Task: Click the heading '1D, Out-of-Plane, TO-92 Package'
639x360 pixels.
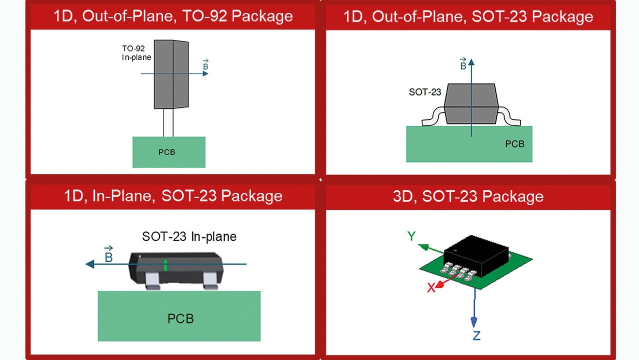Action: point(173,16)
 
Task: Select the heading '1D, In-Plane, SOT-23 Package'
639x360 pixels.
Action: point(173,196)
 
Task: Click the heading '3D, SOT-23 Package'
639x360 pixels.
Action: point(468,196)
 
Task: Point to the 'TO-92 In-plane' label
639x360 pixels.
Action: point(136,53)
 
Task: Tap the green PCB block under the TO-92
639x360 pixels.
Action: point(169,152)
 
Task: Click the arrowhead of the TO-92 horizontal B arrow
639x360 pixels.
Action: point(205,73)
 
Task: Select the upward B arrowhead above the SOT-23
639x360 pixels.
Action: point(471,62)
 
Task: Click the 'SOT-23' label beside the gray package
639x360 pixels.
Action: point(425,92)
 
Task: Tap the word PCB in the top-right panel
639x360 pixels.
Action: point(515,144)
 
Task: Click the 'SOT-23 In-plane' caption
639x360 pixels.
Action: point(189,236)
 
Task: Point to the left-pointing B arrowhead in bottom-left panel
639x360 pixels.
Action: point(90,264)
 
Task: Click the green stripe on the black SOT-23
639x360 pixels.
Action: point(166,265)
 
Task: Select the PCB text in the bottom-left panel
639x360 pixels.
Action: point(180,319)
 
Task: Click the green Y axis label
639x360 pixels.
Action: point(411,236)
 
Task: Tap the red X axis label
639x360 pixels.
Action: point(431,288)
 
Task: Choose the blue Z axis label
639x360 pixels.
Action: point(476,336)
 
